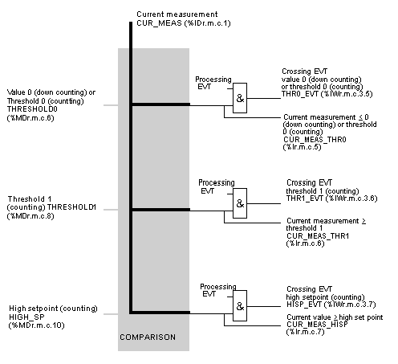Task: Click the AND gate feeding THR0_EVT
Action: [x=240, y=98]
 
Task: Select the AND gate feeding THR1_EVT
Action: [x=240, y=203]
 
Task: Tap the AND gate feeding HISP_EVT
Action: [x=240, y=306]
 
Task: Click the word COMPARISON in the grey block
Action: [x=148, y=337]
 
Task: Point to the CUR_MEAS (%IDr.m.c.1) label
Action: [x=184, y=23]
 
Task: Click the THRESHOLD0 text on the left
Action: [x=32, y=109]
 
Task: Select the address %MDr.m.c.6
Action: [x=30, y=118]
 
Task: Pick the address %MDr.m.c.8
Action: [x=30, y=216]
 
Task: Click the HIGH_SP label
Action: [x=26, y=317]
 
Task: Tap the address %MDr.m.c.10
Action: [x=37, y=325]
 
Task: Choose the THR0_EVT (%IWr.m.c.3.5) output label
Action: [x=327, y=94]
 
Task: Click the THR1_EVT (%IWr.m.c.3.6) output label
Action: [x=331, y=198]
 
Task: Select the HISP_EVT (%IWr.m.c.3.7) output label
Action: [x=331, y=305]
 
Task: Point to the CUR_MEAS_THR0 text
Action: [x=315, y=140]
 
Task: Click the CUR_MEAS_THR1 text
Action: [x=318, y=236]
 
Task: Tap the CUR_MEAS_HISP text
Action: [x=317, y=325]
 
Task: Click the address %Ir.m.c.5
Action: [x=302, y=147]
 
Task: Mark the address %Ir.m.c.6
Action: [x=305, y=243]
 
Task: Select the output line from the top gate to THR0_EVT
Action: [x=264, y=98]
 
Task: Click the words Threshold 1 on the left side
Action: [x=30, y=199]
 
